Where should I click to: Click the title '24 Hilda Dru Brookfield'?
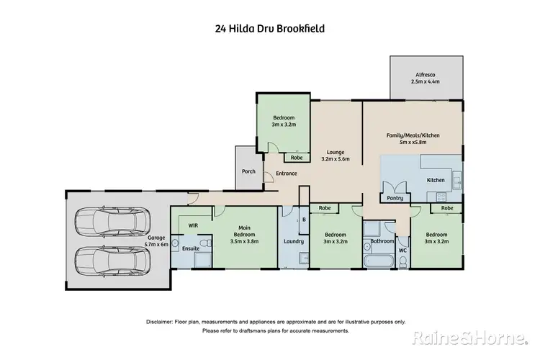point(269,30)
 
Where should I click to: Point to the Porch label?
point(248,171)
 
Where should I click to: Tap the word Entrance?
point(276,174)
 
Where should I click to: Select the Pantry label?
point(394,197)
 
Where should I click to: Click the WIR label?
point(193,225)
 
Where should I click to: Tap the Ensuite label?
point(190,248)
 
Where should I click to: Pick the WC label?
point(402,251)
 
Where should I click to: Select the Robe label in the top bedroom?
point(296,158)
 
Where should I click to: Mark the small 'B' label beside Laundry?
point(304,219)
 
